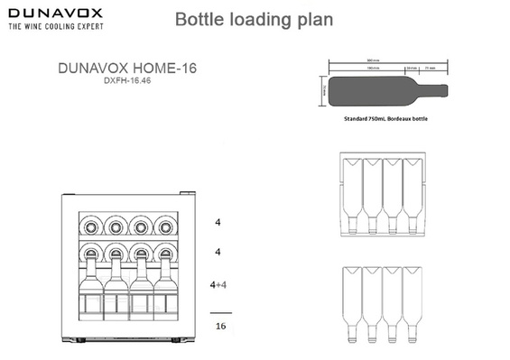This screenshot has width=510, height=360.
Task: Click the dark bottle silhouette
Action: point(379,90)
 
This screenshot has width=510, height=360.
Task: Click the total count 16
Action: point(220,326)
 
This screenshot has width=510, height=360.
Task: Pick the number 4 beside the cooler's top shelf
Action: point(218,221)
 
